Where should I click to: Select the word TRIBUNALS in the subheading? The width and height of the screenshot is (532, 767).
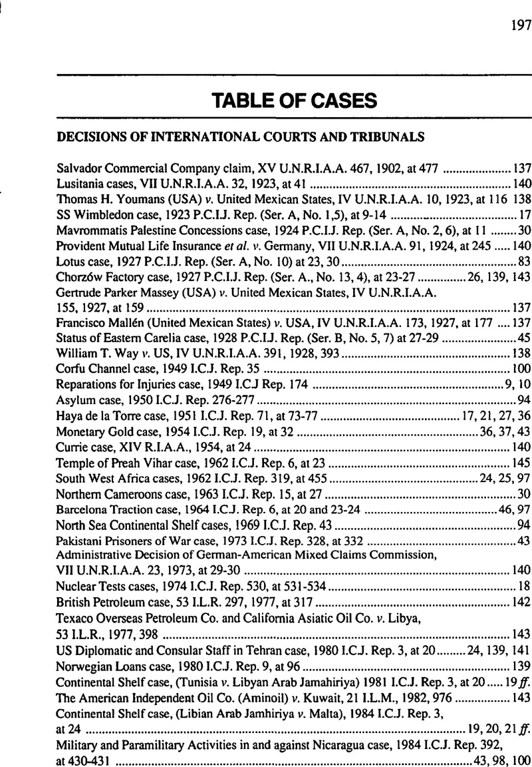coord(386,137)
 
